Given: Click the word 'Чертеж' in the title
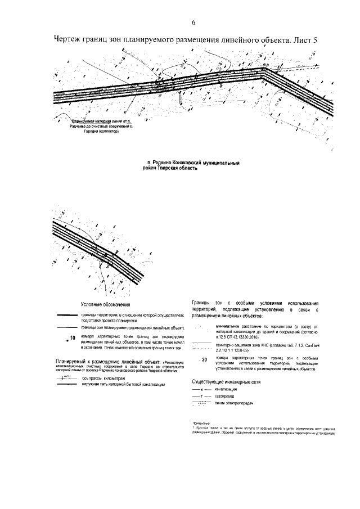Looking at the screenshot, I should point(67,40).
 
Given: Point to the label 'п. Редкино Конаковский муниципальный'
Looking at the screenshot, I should point(192,162).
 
